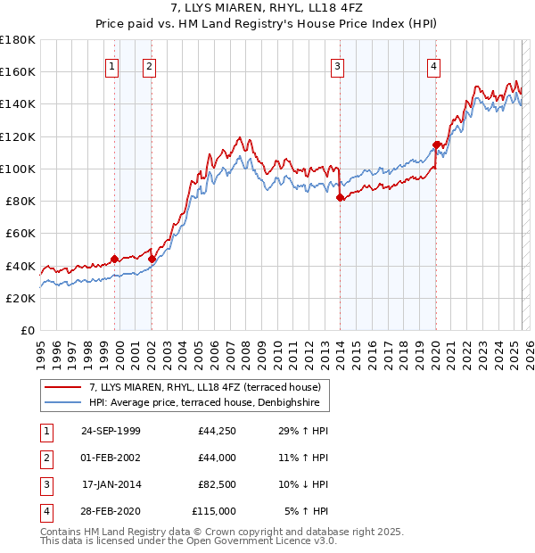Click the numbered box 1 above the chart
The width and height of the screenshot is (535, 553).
112,65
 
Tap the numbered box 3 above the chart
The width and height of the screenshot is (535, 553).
338,65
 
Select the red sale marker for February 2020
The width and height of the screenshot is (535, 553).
437,144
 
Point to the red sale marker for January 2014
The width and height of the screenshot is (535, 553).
341,198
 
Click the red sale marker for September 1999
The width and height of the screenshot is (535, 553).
115,259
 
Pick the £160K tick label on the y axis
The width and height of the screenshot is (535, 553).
18,71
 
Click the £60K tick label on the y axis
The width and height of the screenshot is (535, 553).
21,233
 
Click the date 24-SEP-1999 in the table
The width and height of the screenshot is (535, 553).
111,431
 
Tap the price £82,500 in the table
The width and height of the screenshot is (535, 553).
218,484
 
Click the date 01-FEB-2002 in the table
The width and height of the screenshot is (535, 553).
111,458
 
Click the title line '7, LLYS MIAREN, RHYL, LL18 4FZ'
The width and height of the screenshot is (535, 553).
267,12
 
